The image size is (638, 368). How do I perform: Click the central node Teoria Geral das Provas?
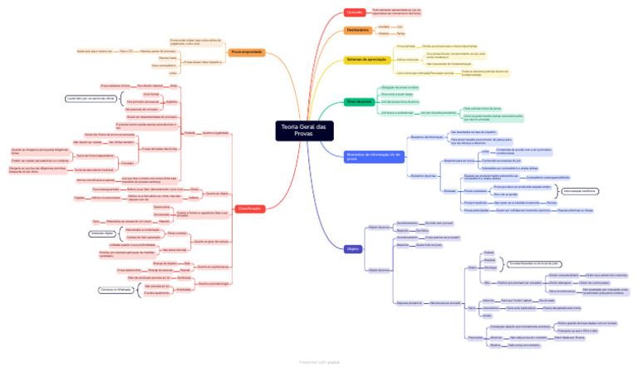pyautogui.click(x=305, y=131)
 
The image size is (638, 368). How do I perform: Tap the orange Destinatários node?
pyautogui.click(x=359, y=31)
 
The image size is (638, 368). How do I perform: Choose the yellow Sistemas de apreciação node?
pyautogui.click(x=366, y=60)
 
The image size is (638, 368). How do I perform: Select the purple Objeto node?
pyautogui.click(x=352, y=248)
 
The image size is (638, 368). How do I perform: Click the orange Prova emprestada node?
pyautogui.click(x=247, y=52)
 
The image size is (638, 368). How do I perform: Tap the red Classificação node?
pyautogui.click(x=250, y=208)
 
